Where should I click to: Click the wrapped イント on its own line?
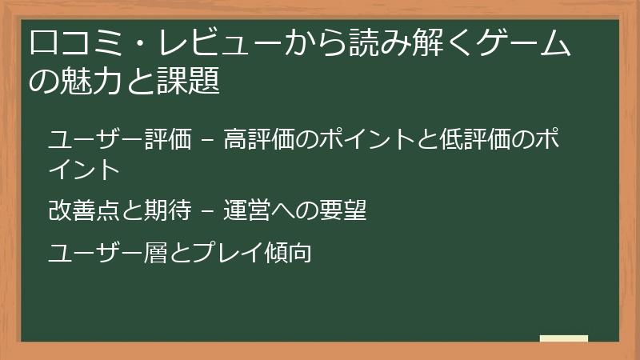tap(84, 169)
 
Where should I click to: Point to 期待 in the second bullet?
tap(171, 211)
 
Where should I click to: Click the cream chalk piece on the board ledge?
tap(563, 339)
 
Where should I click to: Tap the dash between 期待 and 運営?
tap(208, 212)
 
